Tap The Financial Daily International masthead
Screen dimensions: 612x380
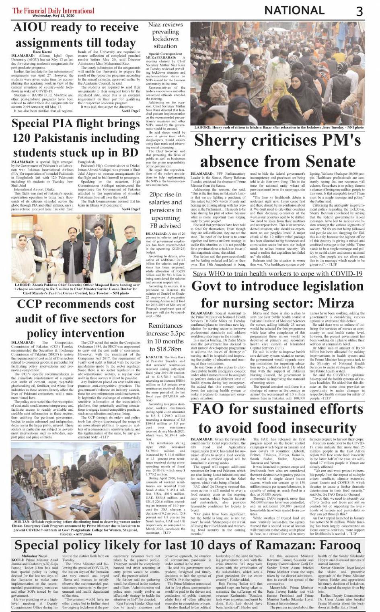pyautogui.click(x=53, y=10)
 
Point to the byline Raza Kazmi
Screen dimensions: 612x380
pyautogui.click(x=43, y=52)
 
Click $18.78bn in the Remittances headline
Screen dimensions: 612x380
pyautogui.click(x=165, y=349)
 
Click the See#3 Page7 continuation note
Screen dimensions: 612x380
pyautogui.click(x=131, y=111)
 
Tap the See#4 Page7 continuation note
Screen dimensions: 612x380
pyautogui.click(x=131, y=209)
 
